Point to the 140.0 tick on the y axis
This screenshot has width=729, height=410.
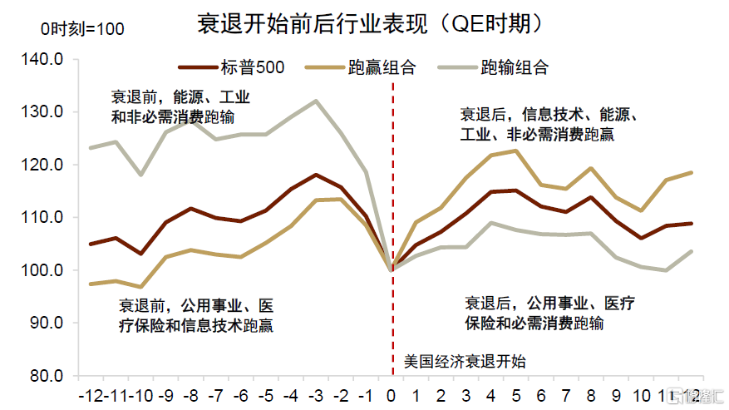47,59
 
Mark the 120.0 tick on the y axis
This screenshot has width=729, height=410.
47,165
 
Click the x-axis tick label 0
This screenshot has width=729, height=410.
392,393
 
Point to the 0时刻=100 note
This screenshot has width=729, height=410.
82,29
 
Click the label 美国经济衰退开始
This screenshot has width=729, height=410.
465,362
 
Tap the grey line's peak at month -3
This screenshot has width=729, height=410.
316,101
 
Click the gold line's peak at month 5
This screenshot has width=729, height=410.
517,151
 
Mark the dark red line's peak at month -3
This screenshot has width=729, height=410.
316,175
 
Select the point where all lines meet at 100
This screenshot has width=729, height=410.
392,269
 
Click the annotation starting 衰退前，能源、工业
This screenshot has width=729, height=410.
180,106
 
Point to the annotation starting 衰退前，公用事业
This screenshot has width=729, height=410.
196,314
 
